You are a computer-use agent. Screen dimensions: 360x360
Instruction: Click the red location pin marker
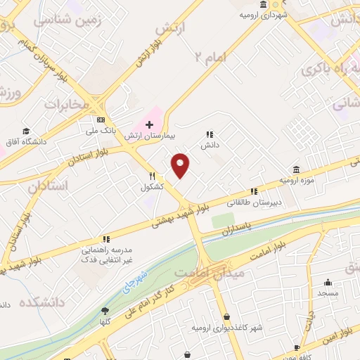point(181,166)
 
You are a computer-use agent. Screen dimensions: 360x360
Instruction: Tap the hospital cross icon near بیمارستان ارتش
point(149,124)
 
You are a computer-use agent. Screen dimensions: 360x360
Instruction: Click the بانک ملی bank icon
point(101,119)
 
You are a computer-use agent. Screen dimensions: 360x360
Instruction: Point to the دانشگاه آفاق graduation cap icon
point(26,131)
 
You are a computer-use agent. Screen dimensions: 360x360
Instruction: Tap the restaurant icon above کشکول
point(150,176)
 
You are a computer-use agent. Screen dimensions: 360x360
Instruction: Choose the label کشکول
point(152,187)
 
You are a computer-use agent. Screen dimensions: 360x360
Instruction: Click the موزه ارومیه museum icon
point(296,170)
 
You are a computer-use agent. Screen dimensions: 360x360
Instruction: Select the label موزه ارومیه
point(295,181)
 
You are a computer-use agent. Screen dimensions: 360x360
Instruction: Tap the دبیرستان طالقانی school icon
point(254,191)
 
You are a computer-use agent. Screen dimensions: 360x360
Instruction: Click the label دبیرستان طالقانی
point(252,201)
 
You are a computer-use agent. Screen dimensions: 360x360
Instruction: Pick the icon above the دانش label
point(209,134)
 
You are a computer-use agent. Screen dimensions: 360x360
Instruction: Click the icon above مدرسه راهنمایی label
point(106,240)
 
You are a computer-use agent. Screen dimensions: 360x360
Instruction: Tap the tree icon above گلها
point(105,311)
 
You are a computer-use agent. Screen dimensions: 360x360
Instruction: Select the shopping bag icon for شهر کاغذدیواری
point(226,316)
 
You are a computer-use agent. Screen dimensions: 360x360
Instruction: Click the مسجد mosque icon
point(328,281)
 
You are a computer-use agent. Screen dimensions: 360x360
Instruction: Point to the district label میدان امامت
point(208,271)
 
